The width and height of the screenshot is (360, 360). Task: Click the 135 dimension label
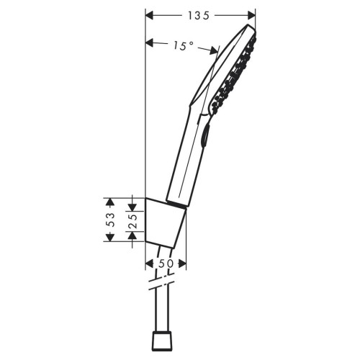tap(199, 16)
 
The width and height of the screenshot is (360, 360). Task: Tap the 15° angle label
tap(184, 46)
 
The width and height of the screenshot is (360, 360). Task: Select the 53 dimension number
tap(110, 220)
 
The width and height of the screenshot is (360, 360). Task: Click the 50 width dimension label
tap(166, 264)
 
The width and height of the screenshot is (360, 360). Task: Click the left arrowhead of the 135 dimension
tap(149, 16)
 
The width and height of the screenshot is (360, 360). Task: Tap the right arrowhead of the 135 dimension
tap(252, 16)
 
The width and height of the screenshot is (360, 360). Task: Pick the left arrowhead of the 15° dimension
tap(149, 43)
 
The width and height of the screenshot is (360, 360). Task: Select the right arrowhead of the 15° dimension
tap(214, 50)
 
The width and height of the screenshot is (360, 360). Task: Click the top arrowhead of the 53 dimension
tap(110, 202)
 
